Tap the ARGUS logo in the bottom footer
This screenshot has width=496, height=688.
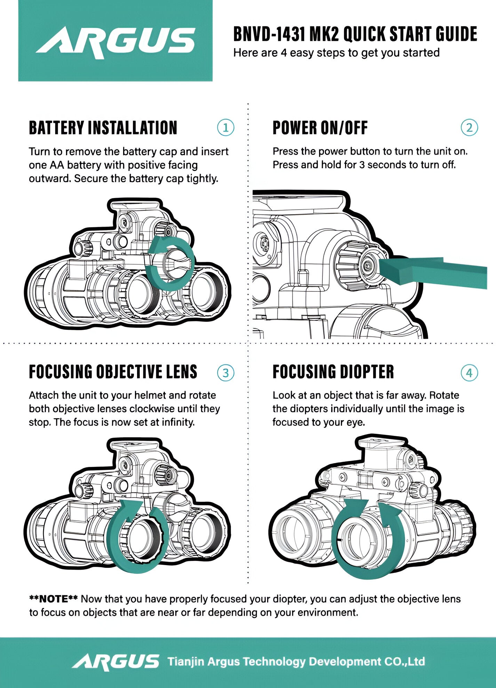(x=115, y=662)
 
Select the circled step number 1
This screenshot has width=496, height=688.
(x=225, y=128)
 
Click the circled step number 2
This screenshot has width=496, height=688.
(x=469, y=128)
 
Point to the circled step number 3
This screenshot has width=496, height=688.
(x=225, y=373)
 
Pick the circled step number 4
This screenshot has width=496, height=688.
(x=469, y=373)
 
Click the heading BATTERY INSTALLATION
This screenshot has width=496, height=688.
(x=103, y=128)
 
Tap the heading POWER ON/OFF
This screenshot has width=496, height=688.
(x=320, y=128)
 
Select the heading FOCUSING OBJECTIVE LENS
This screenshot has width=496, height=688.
(x=113, y=372)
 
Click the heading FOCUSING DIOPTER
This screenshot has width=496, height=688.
(x=333, y=372)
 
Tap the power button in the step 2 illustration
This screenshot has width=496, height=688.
(x=368, y=266)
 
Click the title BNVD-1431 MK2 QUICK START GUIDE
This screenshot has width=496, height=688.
(x=355, y=34)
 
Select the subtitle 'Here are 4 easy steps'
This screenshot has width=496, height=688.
(x=336, y=53)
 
